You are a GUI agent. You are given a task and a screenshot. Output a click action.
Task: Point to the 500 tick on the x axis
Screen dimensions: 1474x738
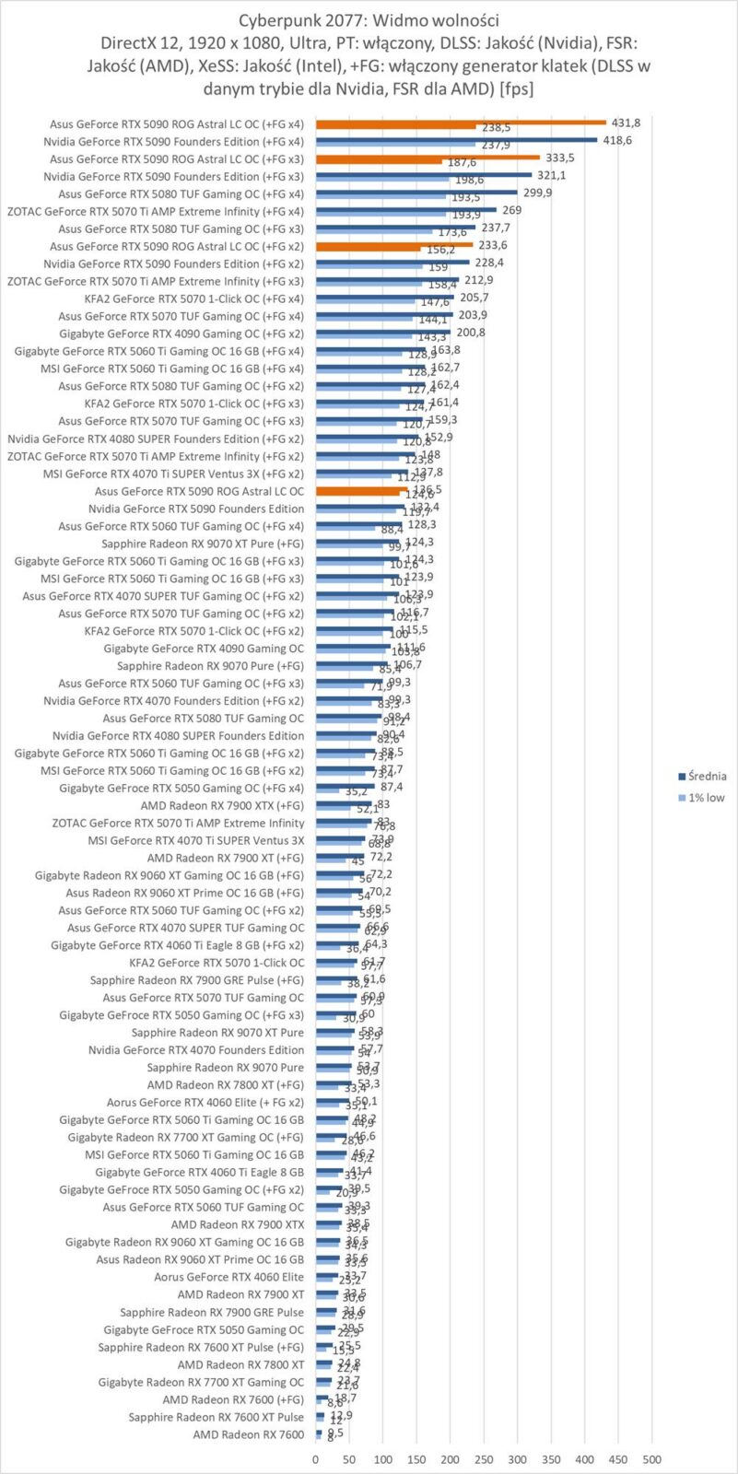[x=652, y=1459]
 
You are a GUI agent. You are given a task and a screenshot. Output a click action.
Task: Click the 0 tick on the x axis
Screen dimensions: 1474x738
[x=316, y=1459]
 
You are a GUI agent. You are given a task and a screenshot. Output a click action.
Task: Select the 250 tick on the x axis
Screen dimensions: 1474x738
[x=484, y=1459]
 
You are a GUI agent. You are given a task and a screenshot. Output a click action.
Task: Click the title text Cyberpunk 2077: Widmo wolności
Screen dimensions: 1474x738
[x=369, y=18]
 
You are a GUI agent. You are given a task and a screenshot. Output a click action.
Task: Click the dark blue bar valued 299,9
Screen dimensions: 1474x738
[x=416, y=192]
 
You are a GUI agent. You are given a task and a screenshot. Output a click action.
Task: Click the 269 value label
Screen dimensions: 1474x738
[x=512, y=209]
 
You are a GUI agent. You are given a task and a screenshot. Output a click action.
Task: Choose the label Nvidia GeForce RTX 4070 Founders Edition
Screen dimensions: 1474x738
[x=195, y=1049]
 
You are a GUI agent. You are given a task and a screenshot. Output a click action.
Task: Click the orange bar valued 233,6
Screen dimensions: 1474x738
[x=394, y=244]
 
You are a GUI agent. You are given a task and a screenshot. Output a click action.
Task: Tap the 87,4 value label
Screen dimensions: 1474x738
[x=391, y=787]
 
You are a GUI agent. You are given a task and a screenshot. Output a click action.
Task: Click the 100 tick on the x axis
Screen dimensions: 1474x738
[x=383, y=1459]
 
